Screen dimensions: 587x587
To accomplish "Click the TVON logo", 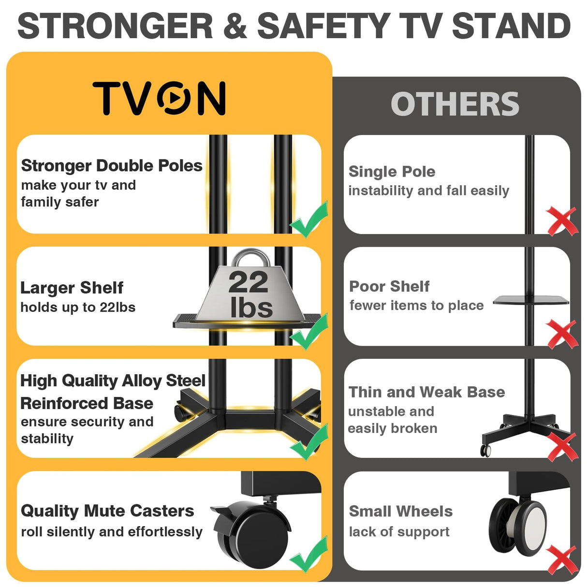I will pos(159,98).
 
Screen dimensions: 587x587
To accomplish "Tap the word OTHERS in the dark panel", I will pos(455,104).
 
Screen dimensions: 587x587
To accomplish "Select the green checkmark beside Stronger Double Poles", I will pos(309,220).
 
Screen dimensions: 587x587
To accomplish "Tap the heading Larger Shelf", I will pos(72,288).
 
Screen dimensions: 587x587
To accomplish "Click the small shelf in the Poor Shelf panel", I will pos(530,300).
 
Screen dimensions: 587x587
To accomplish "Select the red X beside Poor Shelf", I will pos(562,334).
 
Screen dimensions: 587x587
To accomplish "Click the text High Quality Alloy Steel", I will pos(113,381).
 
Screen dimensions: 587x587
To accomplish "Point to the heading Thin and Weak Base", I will pos(426,392).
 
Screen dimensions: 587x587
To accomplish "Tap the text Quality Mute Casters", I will pos(107,511).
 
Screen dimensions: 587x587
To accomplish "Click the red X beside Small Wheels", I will pos(562,560).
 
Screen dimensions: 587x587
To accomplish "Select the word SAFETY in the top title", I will pos(323,26).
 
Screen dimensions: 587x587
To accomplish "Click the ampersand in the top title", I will pos(235,26).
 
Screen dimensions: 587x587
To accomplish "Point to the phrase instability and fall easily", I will pos(428,191).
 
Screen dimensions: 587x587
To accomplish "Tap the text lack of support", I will pos(399,532).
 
